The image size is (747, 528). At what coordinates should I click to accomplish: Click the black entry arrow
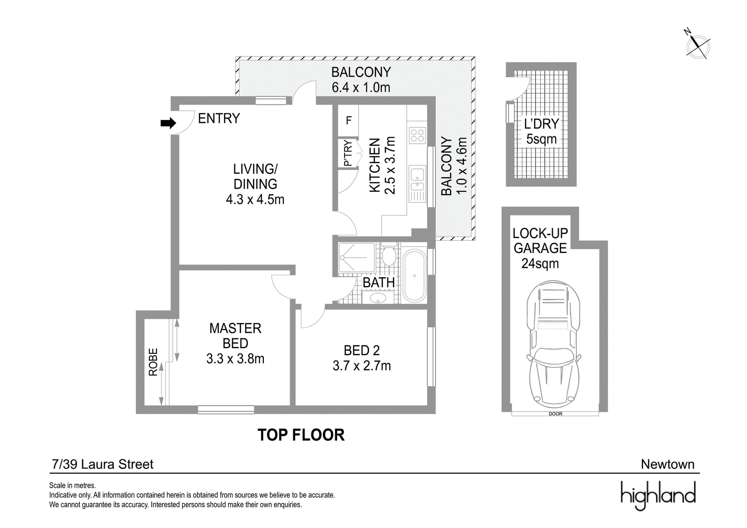168,123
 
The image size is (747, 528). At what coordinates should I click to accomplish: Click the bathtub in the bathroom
414,276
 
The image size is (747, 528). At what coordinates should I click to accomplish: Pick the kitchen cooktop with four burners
417,136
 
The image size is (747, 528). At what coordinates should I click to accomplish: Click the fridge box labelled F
348,120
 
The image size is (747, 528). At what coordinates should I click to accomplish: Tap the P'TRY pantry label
347,153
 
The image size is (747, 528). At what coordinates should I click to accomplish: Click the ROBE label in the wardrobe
153,362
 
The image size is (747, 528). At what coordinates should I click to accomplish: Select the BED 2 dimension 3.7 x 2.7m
361,366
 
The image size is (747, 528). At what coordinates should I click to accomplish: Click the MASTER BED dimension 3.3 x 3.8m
235,359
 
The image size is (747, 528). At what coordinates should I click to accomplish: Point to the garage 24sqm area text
540,263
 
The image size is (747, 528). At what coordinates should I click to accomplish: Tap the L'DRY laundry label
541,124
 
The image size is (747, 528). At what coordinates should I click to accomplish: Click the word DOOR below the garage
555,414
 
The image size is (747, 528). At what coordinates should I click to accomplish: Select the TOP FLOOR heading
301,435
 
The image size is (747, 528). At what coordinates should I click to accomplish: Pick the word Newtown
668,465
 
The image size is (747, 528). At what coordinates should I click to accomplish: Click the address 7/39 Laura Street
103,465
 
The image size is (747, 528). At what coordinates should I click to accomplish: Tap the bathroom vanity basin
378,298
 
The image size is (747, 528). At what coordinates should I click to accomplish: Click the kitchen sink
417,180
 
